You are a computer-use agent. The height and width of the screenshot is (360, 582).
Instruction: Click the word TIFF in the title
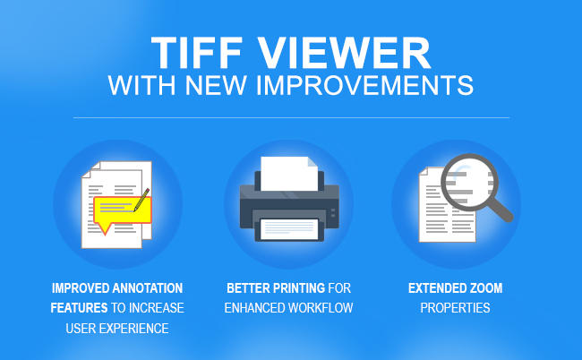[x=197, y=53]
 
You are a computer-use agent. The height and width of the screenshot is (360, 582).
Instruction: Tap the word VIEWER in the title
[x=344, y=53]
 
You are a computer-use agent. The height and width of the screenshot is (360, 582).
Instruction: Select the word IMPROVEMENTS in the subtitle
[x=364, y=85]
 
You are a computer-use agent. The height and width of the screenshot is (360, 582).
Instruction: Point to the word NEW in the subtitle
[x=216, y=85]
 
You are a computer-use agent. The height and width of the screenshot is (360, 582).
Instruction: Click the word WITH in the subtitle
[x=141, y=85]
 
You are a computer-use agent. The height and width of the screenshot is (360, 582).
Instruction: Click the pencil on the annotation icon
[x=141, y=200]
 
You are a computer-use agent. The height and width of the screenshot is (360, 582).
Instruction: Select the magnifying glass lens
[x=469, y=182]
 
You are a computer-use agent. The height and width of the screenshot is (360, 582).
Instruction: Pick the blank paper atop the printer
[x=289, y=174]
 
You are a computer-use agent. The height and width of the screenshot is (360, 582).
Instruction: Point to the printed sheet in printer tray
[x=289, y=229]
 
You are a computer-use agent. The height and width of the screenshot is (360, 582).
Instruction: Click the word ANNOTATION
[x=148, y=288]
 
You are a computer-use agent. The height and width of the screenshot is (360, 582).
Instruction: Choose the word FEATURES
[x=79, y=308]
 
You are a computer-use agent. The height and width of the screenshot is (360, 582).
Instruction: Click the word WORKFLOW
[x=321, y=308]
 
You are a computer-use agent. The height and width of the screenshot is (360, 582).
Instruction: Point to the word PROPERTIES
[x=455, y=308]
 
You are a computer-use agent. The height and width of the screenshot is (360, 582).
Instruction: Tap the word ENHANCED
[x=254, y=308]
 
